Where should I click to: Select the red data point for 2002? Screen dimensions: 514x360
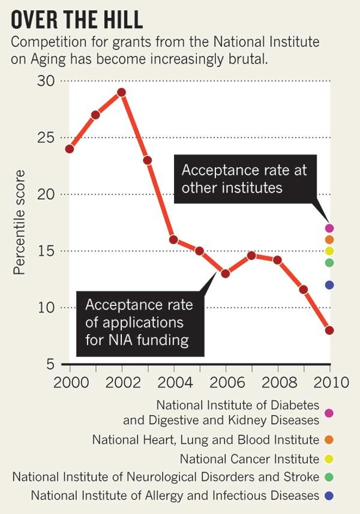tap(121, 92)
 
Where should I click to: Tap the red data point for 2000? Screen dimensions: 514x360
tap(70, 149)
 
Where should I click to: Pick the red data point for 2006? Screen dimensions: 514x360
tap(226, 273)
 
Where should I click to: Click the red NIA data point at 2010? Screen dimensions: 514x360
tap(329, 330)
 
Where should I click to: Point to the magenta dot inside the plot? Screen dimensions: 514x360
tap(329, 228)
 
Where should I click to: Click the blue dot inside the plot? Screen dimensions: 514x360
tap(329, 285)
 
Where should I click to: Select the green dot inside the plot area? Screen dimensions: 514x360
tap(329, 262)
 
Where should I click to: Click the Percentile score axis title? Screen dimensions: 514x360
tap(20, 223)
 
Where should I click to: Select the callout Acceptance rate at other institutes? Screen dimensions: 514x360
tap(244, 179)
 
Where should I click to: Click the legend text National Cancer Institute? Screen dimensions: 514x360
tap(250, 459)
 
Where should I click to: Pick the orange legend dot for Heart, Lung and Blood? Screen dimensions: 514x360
tap(328, 440)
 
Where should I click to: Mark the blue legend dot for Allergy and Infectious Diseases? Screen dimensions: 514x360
tap(328, 496)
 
